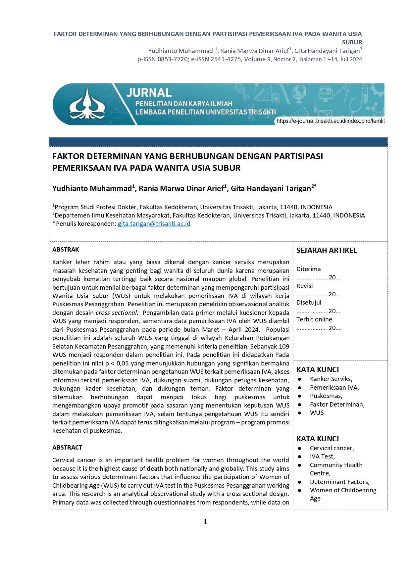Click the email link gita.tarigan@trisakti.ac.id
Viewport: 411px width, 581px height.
[154, 224]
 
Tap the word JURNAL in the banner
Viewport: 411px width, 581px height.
[149, 93]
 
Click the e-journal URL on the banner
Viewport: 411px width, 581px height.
[330, 121]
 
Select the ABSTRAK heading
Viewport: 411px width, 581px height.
[66, 250]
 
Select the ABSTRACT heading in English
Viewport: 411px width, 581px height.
[67, 448]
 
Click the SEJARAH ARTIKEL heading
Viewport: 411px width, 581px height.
[327, 251]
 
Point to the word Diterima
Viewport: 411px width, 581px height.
[308, 269]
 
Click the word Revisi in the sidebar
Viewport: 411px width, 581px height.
[304, 286]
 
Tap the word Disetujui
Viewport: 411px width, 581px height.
[309, 303]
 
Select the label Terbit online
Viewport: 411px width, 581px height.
[314, 319]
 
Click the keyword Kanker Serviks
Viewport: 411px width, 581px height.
[331, 379]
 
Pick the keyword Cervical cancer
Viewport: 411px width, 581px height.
[332, 448]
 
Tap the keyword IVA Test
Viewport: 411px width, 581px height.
[322, 457]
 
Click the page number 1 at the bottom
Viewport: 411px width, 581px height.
[205, 522]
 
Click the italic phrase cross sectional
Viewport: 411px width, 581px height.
[116, 313]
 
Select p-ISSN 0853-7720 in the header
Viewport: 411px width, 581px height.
[163, 59]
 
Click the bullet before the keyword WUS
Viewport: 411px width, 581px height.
[300, 413]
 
